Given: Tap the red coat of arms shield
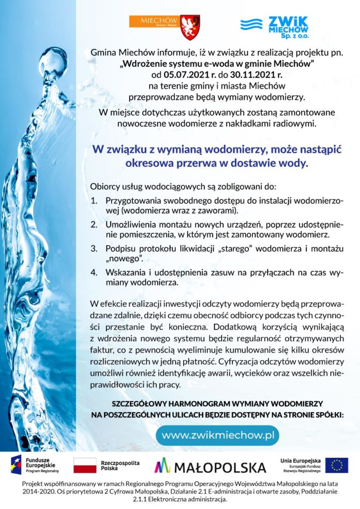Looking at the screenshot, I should [190, 27].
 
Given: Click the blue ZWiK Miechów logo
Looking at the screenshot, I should [274, 25].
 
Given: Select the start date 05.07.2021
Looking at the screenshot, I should [177, 74].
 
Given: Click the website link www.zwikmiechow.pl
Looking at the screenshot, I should [217, 436].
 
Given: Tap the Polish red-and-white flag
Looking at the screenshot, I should [85, 465].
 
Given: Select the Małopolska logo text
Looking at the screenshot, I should [219, 468].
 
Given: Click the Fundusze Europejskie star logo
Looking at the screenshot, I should [17, 465].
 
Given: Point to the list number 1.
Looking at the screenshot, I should [94, 200].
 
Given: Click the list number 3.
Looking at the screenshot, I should [94, 249].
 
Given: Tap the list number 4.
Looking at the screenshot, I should [94, 273].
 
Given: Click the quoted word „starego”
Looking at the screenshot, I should [235, 249].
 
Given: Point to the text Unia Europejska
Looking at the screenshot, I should [301, 460].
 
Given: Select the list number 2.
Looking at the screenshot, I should [94, 224].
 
